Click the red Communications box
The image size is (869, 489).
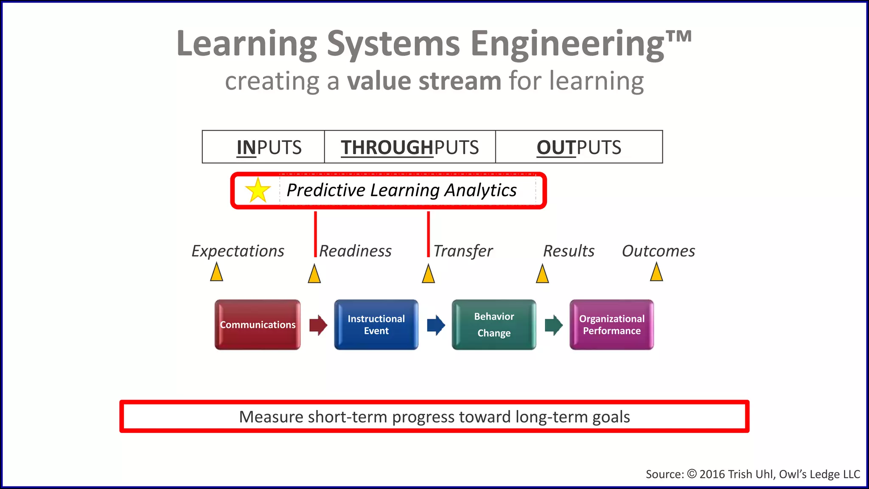pyautogui.click(x=258, y=325)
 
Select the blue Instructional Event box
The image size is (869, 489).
pyautogui.click(x=376, y=325)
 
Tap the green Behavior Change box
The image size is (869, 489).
pyautogui.click(x=494, y=325)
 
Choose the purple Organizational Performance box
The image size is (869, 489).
pyautogui.click(x=611, y=325)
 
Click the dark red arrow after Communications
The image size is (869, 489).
pyautogui.click(x=318, y=325)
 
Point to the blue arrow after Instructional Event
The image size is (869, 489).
pyautogui.click(x=436, y=325)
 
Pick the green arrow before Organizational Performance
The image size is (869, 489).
pyautogui.click(x=553, y=325)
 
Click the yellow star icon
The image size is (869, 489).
pyautogui.click(x=258, y=190)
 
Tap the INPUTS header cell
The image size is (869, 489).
pyautogui.click(x=264, y=147)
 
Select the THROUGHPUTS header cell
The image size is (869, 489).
pyautogui.click(x=410, y=147)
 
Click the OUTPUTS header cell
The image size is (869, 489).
pyautogui.click(x=579, y=147)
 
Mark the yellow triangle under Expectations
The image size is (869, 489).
pyautogui.click(x=216, y=272)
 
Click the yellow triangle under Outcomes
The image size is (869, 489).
pyautogui.click(x=656, y=272)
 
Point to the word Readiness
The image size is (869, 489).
pyautogui.click(x=355, y=251)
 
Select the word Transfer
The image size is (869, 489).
pyautogui.click(x=463, y=251)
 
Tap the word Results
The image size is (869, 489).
pyautogui.click(x=569, y=251)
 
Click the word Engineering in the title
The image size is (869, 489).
pyautogui.click(x=567, y=44)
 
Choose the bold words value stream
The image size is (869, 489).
pyautogui.click(x=424, y=81)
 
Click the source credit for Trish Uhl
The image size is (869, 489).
pyautogui.click(x=752, y=474)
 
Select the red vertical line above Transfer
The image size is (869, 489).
pyautogui.click(x=428, y=233)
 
